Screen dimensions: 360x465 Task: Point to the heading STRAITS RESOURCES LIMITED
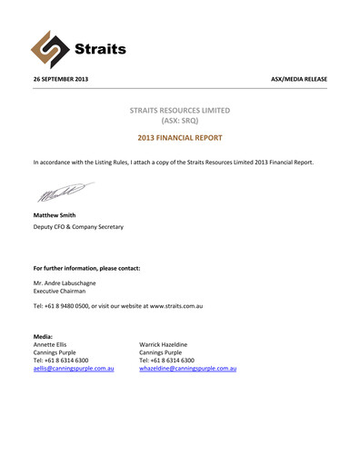pyautogui.click(x=179, y=110)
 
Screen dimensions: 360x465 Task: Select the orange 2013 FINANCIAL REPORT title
pyautogui.click(x=179, y=142)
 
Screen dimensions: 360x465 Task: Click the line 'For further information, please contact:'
pyautogui.click(x=86, y=269)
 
